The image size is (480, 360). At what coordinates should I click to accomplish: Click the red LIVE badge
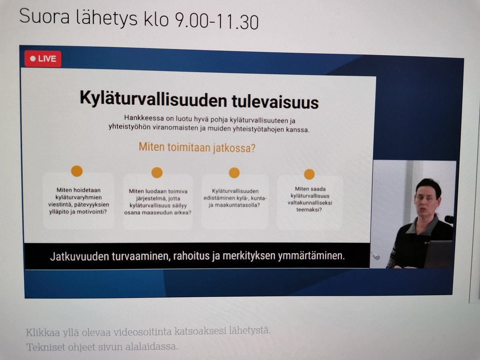(x=43, y=59)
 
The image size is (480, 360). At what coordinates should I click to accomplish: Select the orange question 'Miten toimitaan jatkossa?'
(x=197, y=147)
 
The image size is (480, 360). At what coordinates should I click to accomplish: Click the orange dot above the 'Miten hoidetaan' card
(x=77, y=171)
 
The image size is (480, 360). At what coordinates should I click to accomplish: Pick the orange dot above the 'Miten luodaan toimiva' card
(x=157, y=172)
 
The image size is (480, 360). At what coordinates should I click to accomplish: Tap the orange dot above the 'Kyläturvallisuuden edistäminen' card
(x=234, y=172)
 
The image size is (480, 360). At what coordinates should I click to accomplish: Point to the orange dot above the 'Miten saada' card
(x=309, y=174)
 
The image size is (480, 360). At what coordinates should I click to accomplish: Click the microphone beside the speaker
(x=449, y=219)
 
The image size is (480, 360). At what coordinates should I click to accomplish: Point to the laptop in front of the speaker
(x=438, y=254)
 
